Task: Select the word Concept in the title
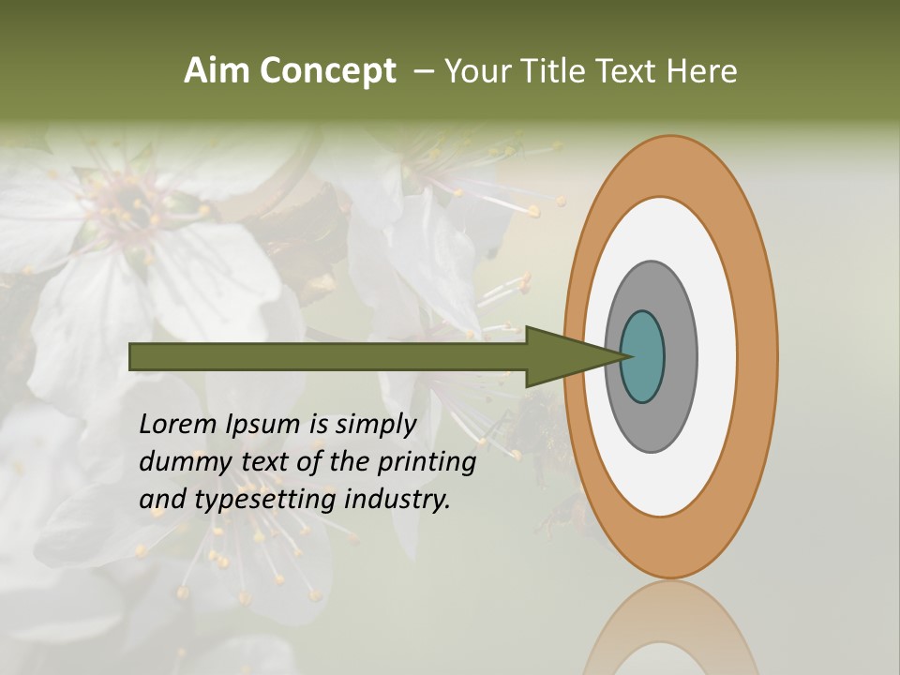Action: click(328, 72)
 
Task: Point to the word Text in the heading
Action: click(629, 71)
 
